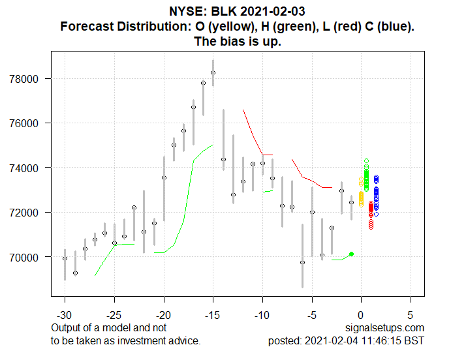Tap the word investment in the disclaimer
tap(150, 340)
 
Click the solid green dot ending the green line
tap(351, 254)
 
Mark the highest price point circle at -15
tap(213, 72)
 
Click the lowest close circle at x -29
tap(75, 273)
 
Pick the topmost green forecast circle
tap(366, 160)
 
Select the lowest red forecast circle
tap(371, 227)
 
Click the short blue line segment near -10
tap(267, 155)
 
